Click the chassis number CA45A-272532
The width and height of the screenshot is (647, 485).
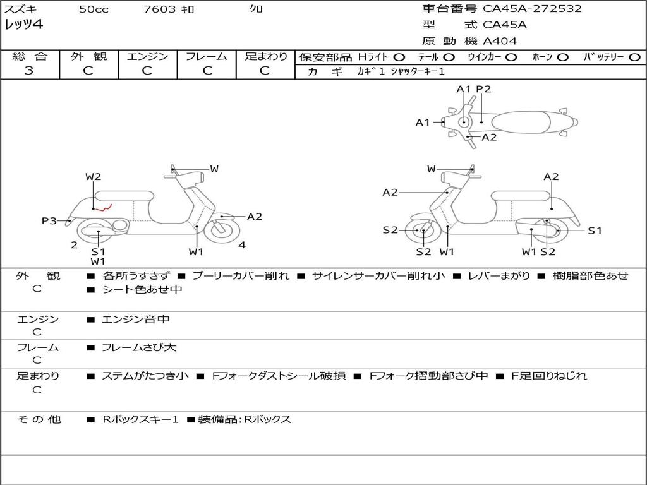pyautogui.click(x=532, y=9)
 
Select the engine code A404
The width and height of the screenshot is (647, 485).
pyautogui.click(x=500, y=41)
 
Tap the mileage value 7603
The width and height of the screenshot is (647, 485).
pyautogui.click(x=160, y=9)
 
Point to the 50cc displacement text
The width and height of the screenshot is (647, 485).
pyautogui.click(x=94, y=9)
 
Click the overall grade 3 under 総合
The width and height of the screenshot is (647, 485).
pyautogui.click(x=29, y=71)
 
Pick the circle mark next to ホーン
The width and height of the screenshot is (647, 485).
pyautogui.click(x=563, y=57)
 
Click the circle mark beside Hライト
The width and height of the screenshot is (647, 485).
pyautogui.click(x=399, y=57)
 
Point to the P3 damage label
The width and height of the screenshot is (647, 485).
pyautogui.click(x=49, y=220)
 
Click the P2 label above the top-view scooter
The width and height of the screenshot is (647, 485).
pyautogui.click(x=483, y=89)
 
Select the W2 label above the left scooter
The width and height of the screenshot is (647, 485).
pyautogui.click(x=94, y=177)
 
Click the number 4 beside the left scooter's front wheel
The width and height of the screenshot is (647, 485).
pyautogui.click(x=242, y=245)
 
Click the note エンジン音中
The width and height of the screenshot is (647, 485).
pyautogui.click(x=135, y=320)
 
